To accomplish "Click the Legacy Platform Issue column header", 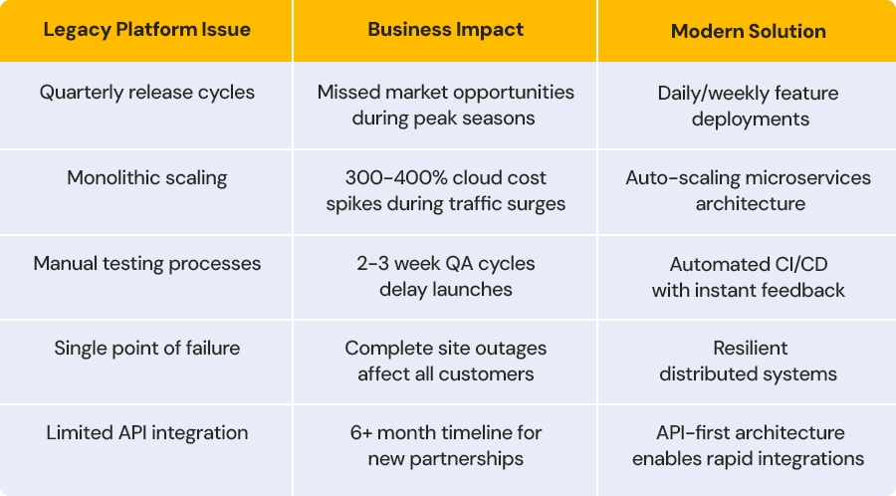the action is tap(147, 30).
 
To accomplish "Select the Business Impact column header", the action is tap(446, 30).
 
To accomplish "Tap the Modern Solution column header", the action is tap(748, 31).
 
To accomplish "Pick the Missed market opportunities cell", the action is tap(446, 106).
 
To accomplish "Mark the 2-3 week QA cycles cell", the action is tap(446, 276).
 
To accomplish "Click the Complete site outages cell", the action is tap(446, 361).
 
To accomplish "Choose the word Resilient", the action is tap(751, 348).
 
